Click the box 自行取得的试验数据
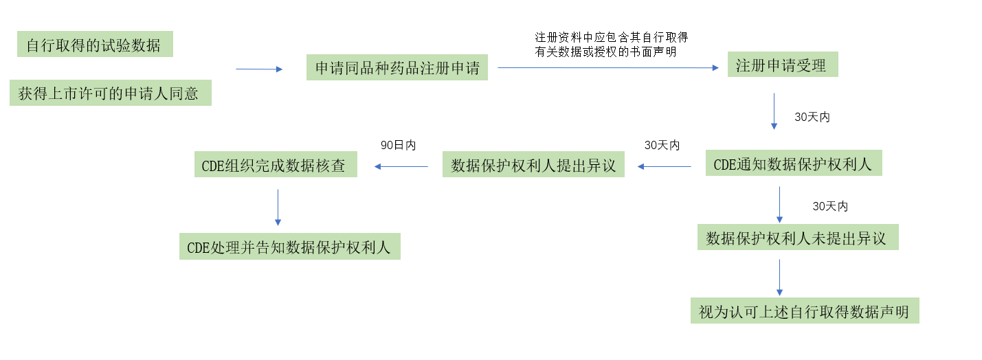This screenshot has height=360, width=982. [x=95, y=45]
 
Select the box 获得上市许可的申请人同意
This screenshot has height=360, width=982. [x=110, y=93]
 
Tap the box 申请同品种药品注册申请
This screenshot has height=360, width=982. [x=397, y=68]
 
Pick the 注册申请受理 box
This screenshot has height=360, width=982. [x=782, y=65]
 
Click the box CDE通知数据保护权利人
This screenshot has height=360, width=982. [x=793, y=164]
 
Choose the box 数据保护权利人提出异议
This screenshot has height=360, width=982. [x=533, y=165]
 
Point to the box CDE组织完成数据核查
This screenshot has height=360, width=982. [x=276, y=165]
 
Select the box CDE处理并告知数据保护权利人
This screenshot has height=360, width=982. [x=289, y=247]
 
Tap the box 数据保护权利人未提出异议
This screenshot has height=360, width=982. [x=797, y=238]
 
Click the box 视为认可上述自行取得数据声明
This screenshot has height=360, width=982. [x=804, y=311]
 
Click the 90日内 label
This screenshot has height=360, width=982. [x=399, y=146]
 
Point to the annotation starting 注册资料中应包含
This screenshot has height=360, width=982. [x=612, y=44]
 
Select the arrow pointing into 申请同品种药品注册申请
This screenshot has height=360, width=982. [x=259, y=69]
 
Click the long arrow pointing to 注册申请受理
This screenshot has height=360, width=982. [x=607, y=67]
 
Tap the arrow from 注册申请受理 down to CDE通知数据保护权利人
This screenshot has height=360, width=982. [x=774, y=111]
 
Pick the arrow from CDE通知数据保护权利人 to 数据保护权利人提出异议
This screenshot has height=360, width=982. [x=664, y=166]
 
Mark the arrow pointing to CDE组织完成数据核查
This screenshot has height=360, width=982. [x=401, y=166]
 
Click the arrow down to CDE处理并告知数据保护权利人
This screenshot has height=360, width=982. [x=278, y=207]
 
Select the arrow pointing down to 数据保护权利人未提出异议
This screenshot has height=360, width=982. [x=779, y=204]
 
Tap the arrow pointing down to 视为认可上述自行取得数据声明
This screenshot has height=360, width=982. [x=779, y=278]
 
